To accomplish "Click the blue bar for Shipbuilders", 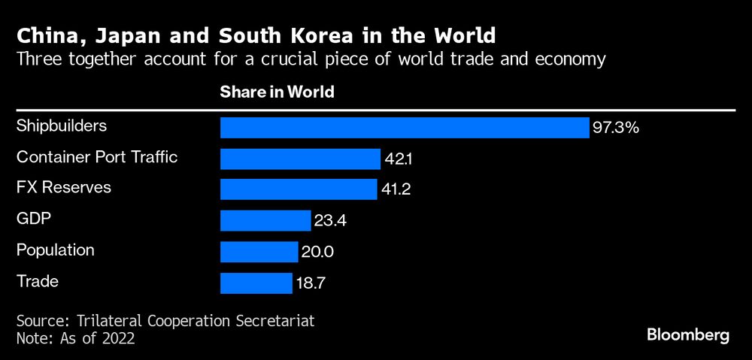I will point(404,128).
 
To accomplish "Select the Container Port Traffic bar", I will point(300,159).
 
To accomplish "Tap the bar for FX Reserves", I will point(299,189).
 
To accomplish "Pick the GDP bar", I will point(265,220).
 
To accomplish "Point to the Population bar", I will point(259,252).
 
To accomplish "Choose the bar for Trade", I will point(256,283).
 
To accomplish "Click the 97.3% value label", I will point(615,128).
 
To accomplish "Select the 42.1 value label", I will point(399,159).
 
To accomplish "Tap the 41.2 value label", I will point(396,189).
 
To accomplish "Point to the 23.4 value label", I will point(330,221).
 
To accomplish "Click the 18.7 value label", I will point(311,283).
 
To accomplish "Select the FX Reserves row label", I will point(63,187).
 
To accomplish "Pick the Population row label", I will point(56,250).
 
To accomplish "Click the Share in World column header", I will point(277,92).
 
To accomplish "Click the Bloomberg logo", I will point(688,335).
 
